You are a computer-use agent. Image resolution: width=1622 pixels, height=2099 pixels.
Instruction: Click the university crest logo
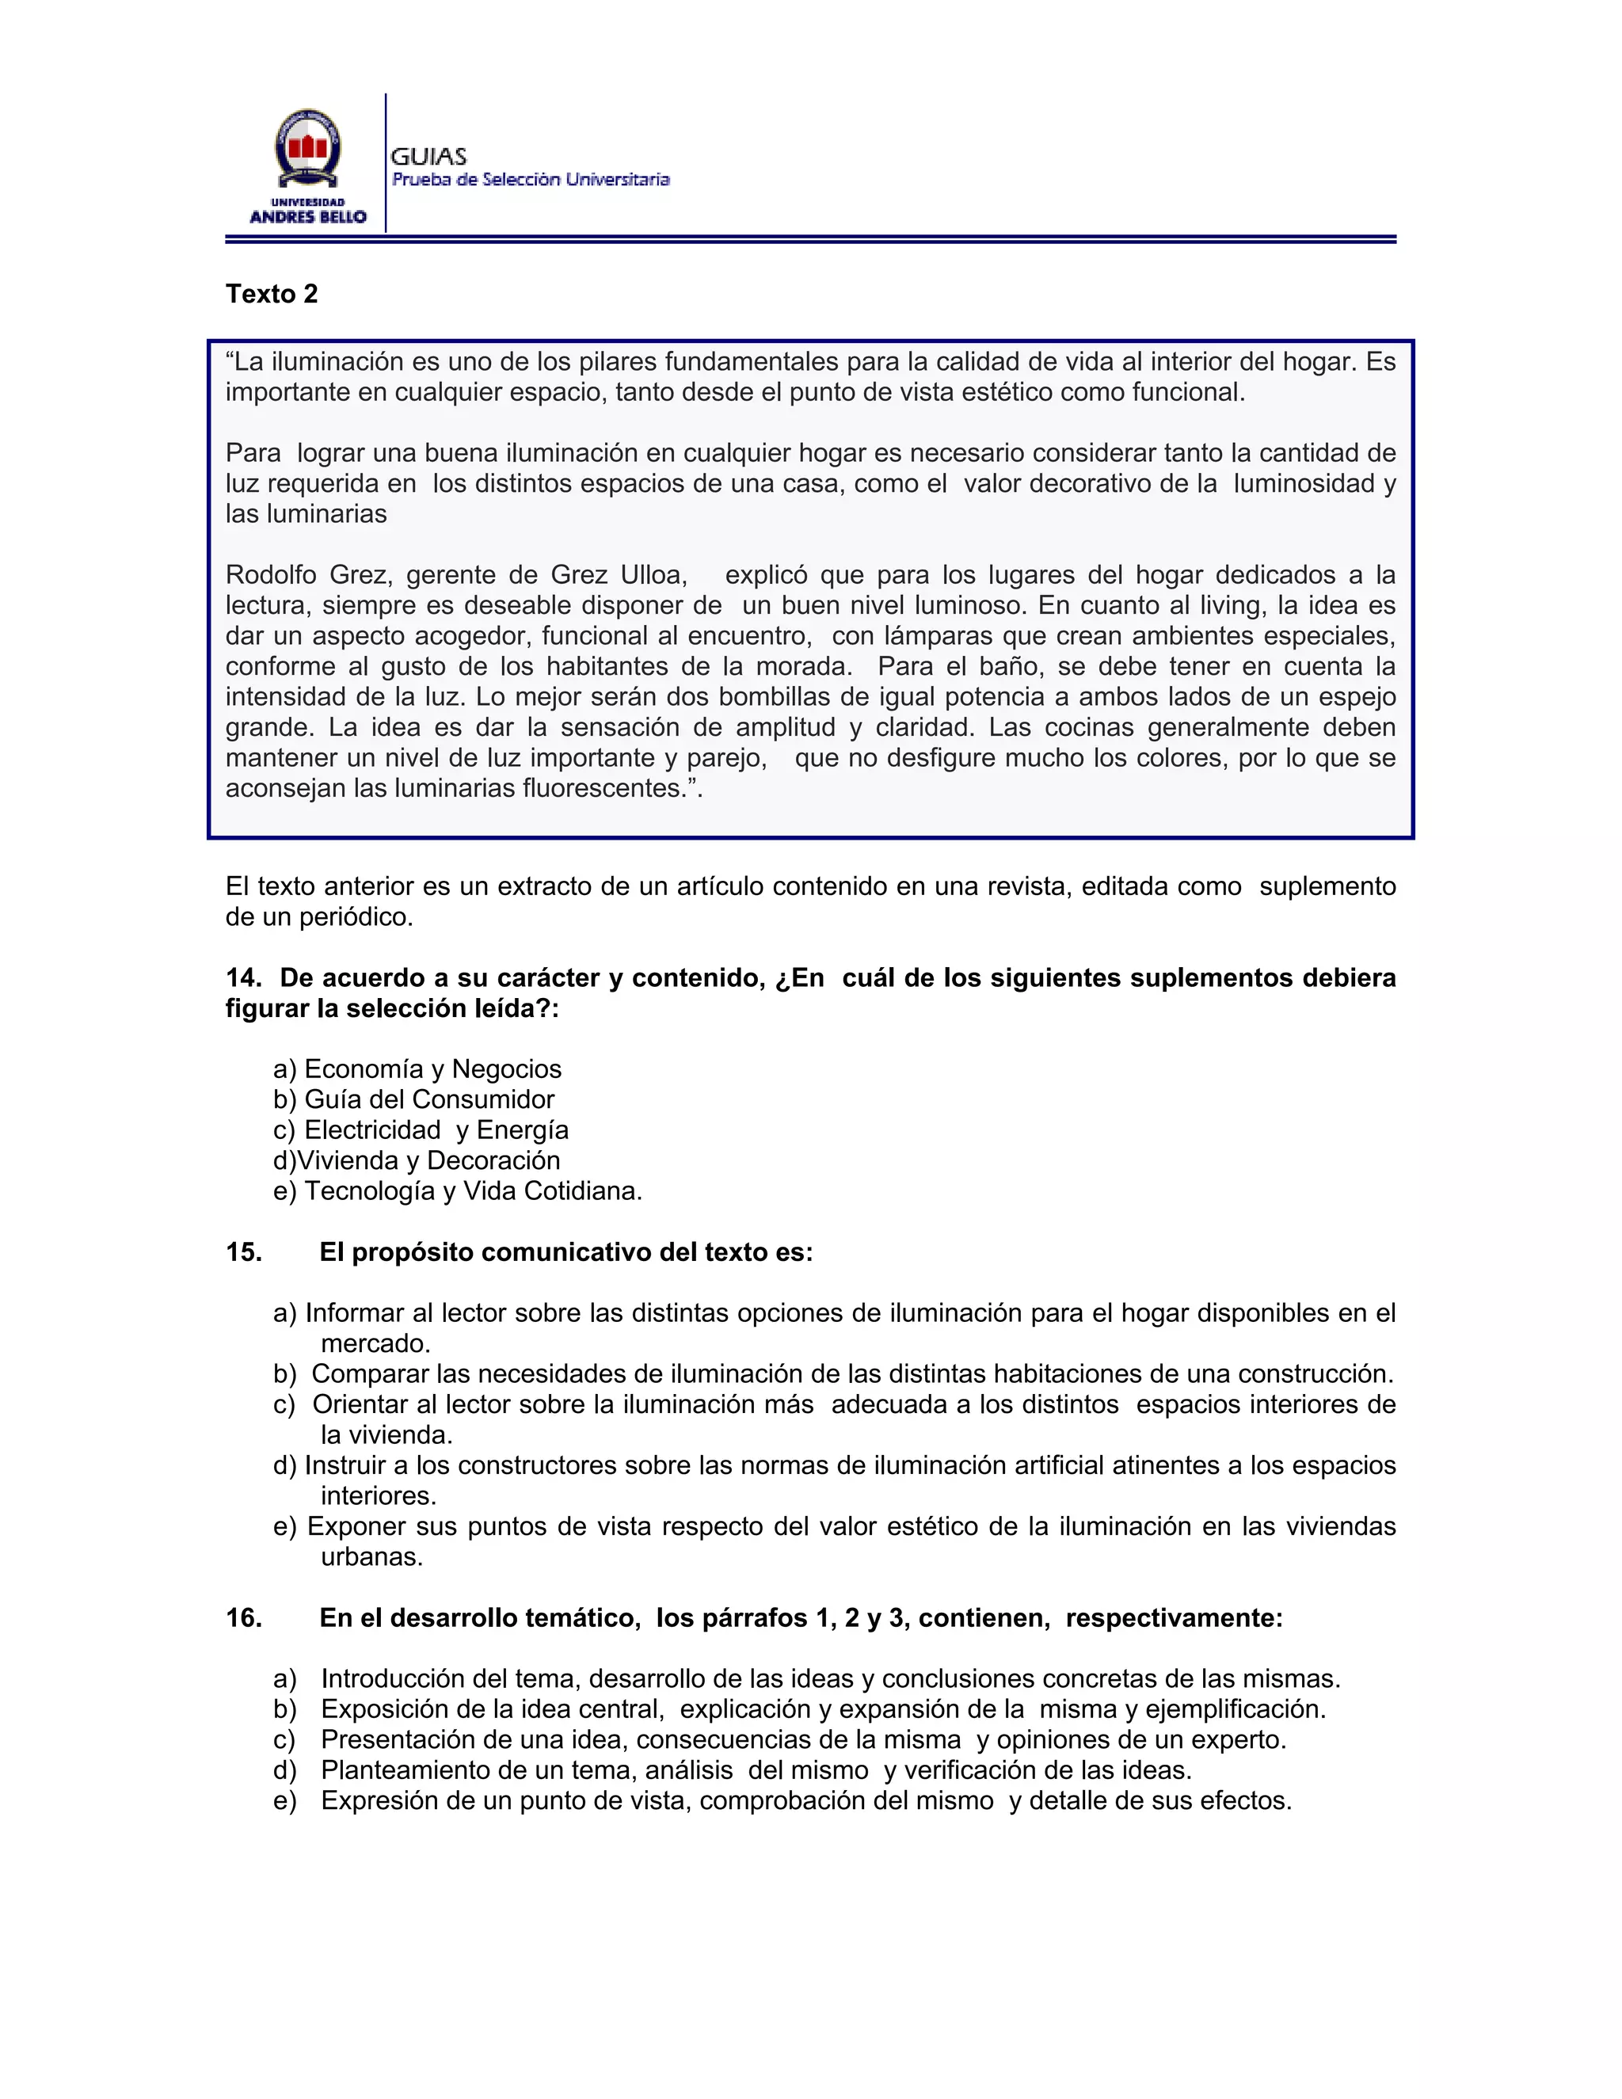pyautogui.click(x=307, y=148)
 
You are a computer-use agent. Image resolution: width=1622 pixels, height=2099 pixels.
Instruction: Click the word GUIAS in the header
pyautogui.click(x=428, y=157)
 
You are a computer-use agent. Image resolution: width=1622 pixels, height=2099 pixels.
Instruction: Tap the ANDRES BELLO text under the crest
pyautogui.click(x=307, y=217)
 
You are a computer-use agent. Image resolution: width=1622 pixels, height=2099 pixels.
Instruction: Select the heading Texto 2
pyautogui.click(x=272, y=294)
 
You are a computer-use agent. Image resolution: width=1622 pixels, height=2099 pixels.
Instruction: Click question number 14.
pyautogui.click(x=243, y=977)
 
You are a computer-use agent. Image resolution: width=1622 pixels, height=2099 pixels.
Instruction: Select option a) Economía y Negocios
pyautogui.click(x=417, y=1069)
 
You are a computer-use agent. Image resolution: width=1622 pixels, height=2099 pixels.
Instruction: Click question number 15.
pyautogui.click(x=243, y=1252)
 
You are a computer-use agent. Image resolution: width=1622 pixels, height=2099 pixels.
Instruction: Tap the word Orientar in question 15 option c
pyautogui.click(x=362, y=1404)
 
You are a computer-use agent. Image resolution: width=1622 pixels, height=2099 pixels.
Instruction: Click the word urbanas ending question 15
pyautogui.click(x=371, y=1557)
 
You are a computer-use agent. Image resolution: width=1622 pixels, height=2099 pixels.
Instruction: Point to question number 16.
pyautogui.click(x=243, y=1617)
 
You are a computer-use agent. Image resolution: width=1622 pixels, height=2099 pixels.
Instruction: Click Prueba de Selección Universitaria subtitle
pyautogui.click(x=531, y=180)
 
